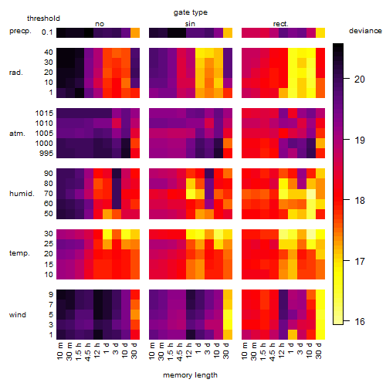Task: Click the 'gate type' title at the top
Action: tap(191, 12)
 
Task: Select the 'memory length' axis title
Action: tap(190, 375)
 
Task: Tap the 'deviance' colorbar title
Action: tap(365, 31)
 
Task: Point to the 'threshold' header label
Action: tap(43, 19)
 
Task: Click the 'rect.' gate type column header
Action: tap(281, 24)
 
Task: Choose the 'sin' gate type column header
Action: tap(190, 24)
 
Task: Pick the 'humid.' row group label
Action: tap(22, 194)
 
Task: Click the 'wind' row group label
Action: tap(18, 315)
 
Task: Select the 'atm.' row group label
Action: tap(17, 134)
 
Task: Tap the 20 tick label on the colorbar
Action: tap(360, 80)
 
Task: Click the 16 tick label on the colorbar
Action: tap(360, 321)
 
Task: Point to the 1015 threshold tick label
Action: tap(44, 113)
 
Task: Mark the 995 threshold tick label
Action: tap(46, 154)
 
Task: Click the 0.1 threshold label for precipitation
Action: tap(47, 32)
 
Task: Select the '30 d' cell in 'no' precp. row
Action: tap(135, 32)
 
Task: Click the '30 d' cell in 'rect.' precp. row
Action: tap(320, 32)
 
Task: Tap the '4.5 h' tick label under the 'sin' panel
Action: tap(180, 352)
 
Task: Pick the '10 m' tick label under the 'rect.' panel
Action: tap(245, 350)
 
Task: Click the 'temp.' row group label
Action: tap(19, 253)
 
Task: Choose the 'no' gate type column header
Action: tap(100, 24)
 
